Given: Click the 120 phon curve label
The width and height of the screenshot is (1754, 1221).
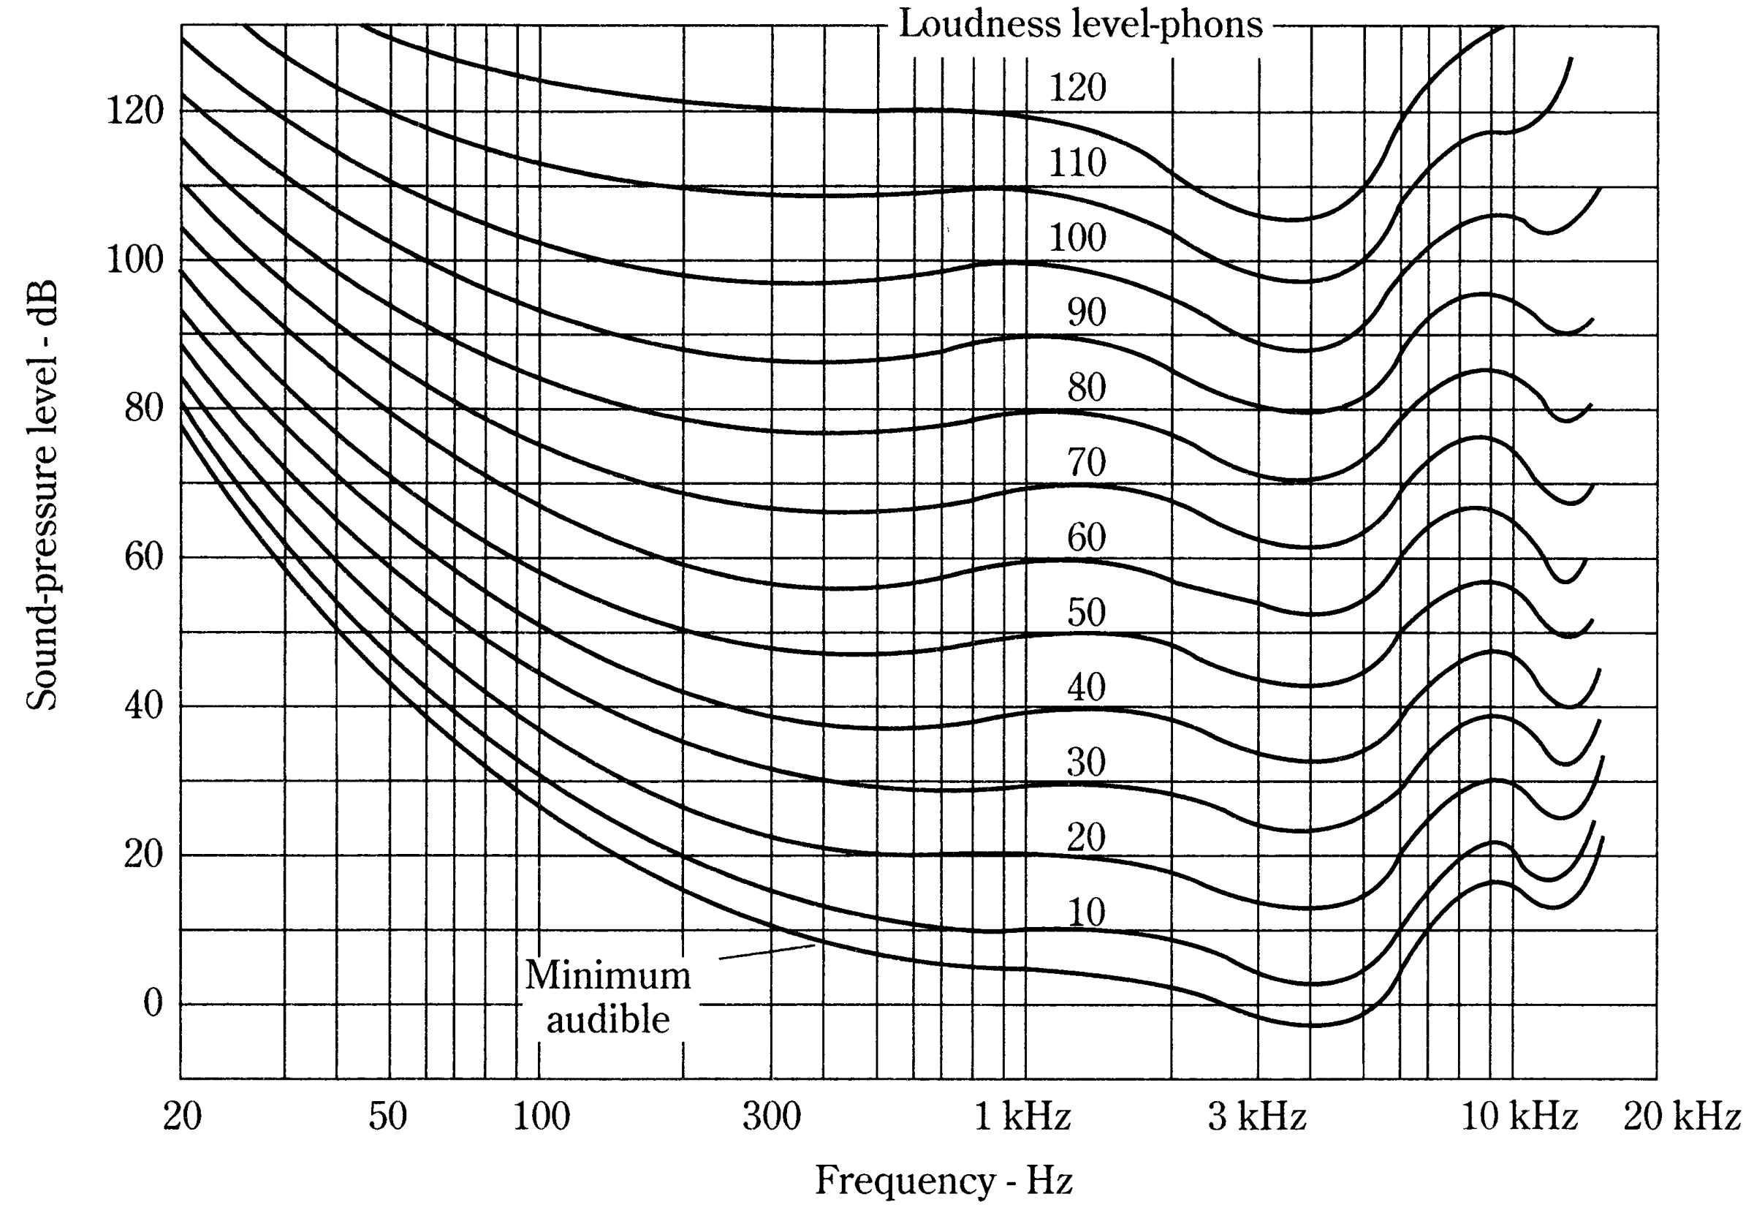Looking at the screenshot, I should [1077, 87].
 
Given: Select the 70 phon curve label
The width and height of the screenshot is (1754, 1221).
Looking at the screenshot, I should [1086, 462].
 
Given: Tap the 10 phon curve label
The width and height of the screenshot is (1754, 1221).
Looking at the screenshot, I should [1085, 912].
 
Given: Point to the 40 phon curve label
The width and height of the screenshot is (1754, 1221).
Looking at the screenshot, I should [1086, 687].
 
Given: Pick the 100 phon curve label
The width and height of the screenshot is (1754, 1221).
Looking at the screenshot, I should [1077, 238].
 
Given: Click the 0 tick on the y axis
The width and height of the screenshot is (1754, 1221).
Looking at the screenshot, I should [153, 1003].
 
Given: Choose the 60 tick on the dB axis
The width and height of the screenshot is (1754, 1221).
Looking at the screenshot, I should [145, 556].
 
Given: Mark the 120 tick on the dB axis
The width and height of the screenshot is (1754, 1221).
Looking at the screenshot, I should [135, 111].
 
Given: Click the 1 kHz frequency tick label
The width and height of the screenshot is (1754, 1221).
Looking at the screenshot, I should [1022, 1117].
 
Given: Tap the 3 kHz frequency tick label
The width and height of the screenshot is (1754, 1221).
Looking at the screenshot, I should [1257, 1117].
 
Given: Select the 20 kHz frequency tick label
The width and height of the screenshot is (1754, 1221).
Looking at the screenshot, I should [1682, 1117].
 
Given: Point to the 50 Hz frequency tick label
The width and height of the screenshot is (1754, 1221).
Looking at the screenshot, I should [387, 1117].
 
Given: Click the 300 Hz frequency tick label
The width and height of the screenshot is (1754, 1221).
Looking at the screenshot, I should [772, 1117].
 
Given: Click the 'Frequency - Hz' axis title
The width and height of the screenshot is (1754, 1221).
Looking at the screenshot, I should [944, 1181].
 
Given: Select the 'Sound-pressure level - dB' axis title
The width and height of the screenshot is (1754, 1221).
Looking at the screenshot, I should [42, 495].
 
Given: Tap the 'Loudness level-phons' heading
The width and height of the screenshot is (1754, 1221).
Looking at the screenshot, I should [1080, 24].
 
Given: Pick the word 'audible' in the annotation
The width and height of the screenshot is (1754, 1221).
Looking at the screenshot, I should [608, 1020].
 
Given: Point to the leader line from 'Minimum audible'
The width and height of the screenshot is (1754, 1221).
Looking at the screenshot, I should [767, 951].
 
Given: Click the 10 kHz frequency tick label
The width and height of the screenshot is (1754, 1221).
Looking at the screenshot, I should [1519, 1117].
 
